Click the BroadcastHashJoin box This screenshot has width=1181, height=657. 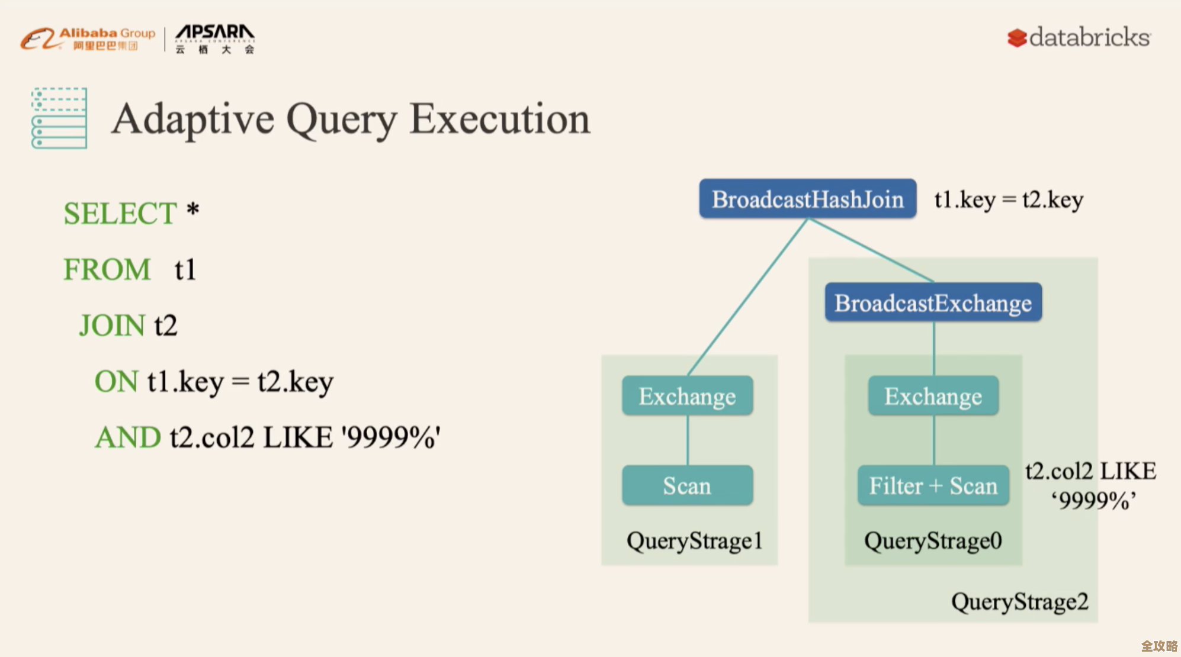click(x=807, y=199)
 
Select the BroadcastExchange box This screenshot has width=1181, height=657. click(x=933, y=303)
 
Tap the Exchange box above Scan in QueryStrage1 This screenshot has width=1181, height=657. click(x=687, y=396)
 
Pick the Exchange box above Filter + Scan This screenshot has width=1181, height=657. click(x=933, y=396)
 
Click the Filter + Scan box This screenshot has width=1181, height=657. click(x=933, y=486)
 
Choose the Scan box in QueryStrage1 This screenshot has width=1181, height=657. click(x=687, y=486)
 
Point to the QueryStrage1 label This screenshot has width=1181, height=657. click(x=694, y=541)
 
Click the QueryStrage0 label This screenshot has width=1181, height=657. click(x=933, y=541)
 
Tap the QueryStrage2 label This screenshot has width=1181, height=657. click(x=1019, y=602)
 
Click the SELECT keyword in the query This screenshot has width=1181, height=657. click(x=120, y=214)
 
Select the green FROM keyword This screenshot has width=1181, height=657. click(x=107, y=270)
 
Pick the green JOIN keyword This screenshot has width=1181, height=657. click(x=112, y=326)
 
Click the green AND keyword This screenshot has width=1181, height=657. click(x=128, y=438)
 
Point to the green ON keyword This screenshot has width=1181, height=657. click(x=116, y=382)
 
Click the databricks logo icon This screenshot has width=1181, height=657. click(x=1017, y=38)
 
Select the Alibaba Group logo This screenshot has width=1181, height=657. click(x=88, y=39)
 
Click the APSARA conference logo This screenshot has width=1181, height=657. click(x=214, y=39)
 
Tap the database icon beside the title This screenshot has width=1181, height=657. click(x=59, y=118)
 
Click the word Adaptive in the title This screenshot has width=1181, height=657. click(x=192, y=119)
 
